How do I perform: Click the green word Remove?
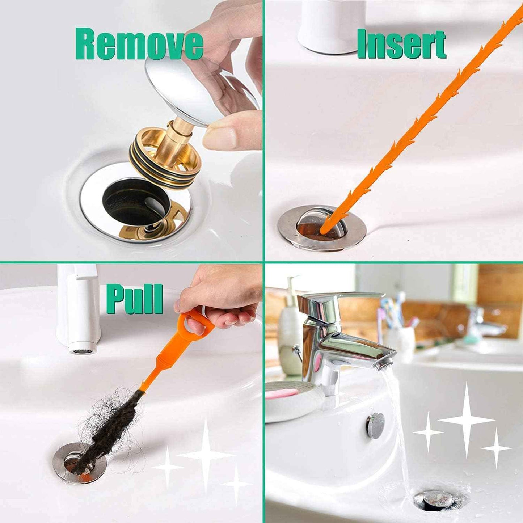[x=139, y=45]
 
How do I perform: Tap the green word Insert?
[x=401, y=44]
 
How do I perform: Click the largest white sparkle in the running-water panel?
[x=467, y=420]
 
